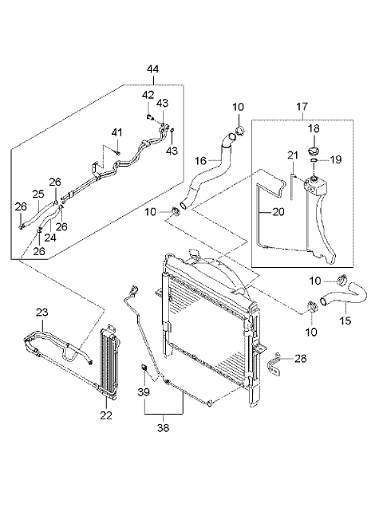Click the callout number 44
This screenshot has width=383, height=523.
[152, 69]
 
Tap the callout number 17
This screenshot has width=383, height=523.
[302, 107]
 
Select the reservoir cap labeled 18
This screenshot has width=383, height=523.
[314, 151]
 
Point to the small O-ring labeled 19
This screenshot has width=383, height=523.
[314, 160]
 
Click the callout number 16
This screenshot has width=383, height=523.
[201, 161]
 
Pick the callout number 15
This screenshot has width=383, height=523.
[345, 320]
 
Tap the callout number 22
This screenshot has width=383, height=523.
[106, 415]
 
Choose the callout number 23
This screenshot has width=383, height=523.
[42, 313]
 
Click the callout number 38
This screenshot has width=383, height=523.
[164, 427]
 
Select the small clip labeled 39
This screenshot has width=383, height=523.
[144, 368]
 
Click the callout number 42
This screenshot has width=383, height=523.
[148, 95]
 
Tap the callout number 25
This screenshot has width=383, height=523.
[38, 194]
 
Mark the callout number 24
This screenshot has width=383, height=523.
[50, 238]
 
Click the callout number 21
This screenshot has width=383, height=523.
[293, 155]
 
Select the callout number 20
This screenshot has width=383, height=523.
[278, 212]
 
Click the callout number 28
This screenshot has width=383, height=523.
[301, 359]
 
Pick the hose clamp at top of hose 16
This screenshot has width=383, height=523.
[239, 131]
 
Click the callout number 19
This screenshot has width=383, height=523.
[336, 159]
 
